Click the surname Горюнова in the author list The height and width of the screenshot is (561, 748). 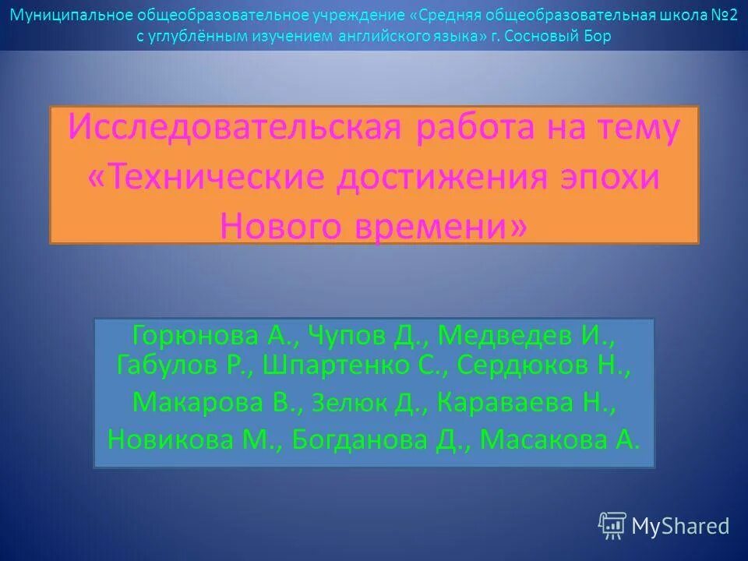[196, 336]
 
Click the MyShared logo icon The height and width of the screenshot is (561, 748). [612, 526]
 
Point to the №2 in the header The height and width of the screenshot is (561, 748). [724, 16]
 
